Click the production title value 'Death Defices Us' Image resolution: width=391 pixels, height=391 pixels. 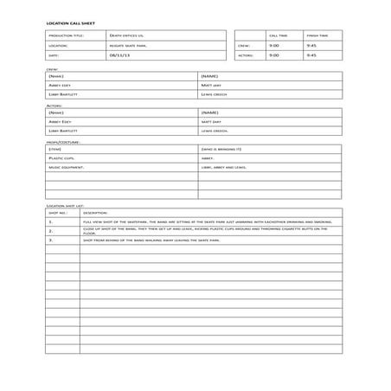point(127,35)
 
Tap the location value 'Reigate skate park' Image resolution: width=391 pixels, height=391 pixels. point(128,45)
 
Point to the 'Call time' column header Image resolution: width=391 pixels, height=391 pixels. point(279,35)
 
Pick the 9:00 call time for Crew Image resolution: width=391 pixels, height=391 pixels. point(274,45)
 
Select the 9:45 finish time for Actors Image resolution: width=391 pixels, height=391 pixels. point(311,54)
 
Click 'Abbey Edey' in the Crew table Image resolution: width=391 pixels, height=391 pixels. point(61,85)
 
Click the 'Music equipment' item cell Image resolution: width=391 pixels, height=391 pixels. point(66,167)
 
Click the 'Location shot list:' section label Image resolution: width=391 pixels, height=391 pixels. point(64,206)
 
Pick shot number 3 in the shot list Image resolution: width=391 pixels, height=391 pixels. point(51,240)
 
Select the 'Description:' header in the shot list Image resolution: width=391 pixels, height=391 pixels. point(94,213)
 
